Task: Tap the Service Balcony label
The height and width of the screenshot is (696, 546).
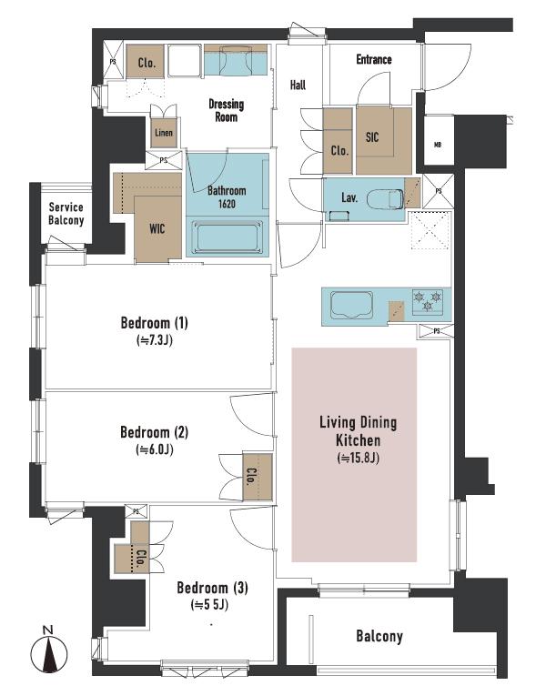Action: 66,214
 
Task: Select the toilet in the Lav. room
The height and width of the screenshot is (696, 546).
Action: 385,198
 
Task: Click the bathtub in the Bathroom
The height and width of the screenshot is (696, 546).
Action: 227,237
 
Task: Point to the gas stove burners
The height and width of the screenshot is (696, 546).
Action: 428,301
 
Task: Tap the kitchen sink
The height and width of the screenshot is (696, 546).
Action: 351,305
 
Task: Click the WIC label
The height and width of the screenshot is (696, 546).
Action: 157,228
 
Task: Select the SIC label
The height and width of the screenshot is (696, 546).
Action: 372,137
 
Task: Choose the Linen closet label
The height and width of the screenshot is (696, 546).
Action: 164,132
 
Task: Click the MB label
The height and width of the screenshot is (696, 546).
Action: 438,145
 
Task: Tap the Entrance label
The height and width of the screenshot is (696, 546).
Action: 374,59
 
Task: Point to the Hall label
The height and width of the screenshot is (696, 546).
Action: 298,85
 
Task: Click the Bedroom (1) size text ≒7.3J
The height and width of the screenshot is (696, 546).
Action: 155,340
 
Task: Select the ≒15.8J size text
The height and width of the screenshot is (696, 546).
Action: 359,458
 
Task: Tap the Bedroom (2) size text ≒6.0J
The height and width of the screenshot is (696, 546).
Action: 155,449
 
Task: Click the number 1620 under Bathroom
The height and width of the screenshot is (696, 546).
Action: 227,204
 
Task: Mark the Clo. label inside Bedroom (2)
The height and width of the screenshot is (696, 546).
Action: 251,476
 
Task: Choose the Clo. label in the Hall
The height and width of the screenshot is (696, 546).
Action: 339,151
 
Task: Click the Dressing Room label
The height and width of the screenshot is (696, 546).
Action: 227,110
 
